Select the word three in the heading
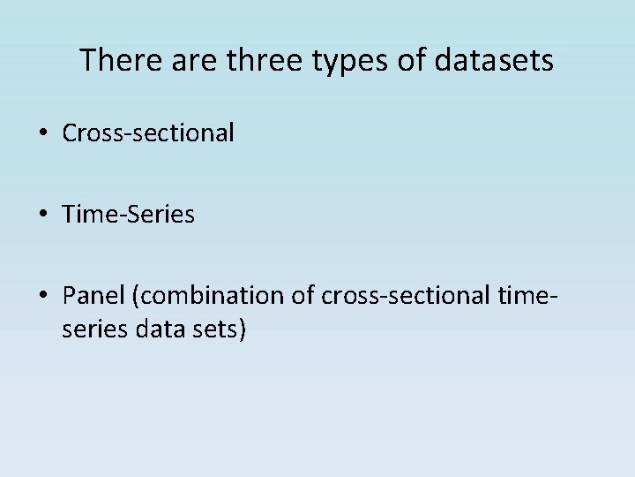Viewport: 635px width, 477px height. pos(255,60)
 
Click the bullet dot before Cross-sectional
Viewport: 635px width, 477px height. pos(44,133)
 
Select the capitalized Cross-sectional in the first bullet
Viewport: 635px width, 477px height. pos(148,132)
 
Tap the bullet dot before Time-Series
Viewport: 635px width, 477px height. pos(44,214)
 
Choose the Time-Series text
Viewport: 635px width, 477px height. pos(129,213)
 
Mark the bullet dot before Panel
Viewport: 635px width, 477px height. pos(44,294)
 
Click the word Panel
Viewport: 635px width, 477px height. pos(93,293)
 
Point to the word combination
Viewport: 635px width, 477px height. pos(208,294)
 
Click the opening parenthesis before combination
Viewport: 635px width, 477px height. pos(134,294)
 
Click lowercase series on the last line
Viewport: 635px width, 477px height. pos(91,329)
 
